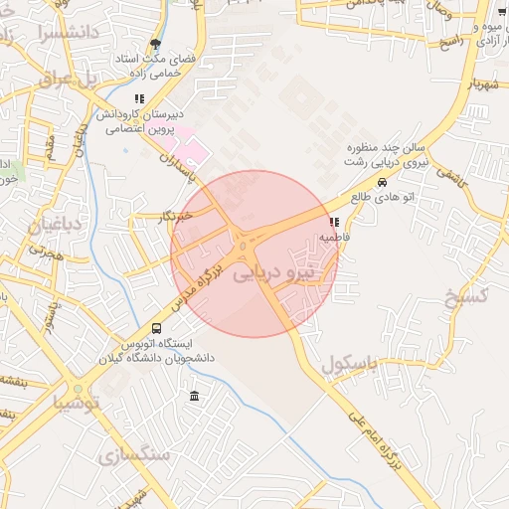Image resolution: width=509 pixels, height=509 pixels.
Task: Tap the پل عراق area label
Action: (x=64, y=79)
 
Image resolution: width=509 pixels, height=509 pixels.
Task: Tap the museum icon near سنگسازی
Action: (x=193, y=398)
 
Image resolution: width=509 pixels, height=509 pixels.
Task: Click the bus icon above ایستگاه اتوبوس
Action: (x=156, y=328)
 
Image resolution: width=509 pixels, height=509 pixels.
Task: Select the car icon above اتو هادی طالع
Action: (x=383, y=182)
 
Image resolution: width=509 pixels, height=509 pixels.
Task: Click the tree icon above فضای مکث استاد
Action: (x=155, y=44)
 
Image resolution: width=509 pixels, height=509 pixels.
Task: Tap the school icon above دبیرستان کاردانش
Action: (x=140, y=98)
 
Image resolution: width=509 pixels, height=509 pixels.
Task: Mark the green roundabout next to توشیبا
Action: (x=77, y=389)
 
